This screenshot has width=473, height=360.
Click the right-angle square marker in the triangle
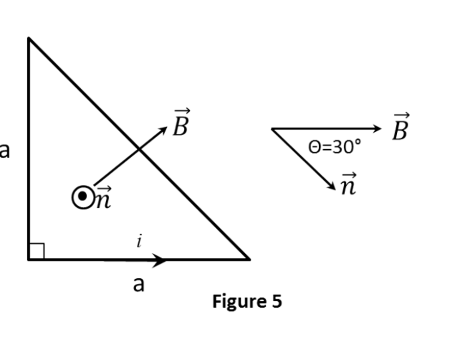pos(36,251)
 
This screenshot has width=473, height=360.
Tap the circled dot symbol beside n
pos(83,197)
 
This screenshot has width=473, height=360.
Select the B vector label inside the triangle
pos(181,123)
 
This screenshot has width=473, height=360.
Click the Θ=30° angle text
pos(334,147)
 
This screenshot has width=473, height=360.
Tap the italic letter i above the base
pos(139,241)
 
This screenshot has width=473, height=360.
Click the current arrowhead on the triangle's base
pos(160,260)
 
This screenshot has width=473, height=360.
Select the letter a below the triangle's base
pos(138,284)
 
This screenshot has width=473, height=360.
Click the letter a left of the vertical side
pos(4,150)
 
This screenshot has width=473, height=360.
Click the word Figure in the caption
pos(233,301)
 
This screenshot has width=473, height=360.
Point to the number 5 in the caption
pos(276,301)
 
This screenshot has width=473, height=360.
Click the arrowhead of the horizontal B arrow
pos(377,128)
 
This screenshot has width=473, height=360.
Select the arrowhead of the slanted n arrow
pos(332,186)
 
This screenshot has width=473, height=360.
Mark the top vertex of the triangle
pos(29,38)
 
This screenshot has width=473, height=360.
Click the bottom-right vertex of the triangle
pos(249,260)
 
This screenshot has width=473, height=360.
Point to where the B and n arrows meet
pos(272,129)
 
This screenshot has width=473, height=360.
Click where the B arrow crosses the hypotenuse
pos(139,148)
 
